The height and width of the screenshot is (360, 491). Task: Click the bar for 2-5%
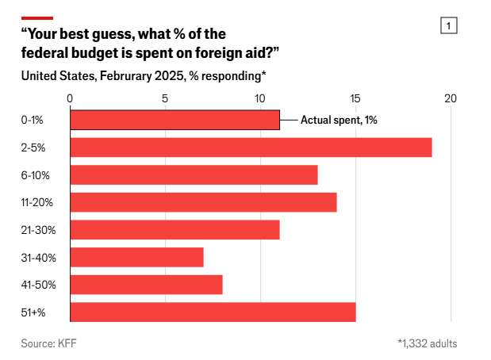(x=251, y=147)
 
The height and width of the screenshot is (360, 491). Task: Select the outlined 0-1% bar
(x=175, y=120)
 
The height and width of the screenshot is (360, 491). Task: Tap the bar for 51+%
(x=213, y=312)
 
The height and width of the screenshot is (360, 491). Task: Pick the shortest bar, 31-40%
(x=136, y=258)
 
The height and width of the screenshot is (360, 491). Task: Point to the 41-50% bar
(x=146, y=285)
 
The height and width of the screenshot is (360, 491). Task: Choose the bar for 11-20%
(x=203, y=202)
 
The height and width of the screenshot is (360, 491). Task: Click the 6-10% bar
(x=194, y=174)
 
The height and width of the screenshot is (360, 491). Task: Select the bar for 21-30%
(x=175, y=230)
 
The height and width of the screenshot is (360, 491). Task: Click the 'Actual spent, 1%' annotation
(x=339, y=120)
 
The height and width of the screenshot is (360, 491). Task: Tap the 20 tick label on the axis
(x=451, y=99)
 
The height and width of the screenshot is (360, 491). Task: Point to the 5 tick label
(x=165, y=99)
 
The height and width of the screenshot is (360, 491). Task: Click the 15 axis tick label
(x=355, y=99)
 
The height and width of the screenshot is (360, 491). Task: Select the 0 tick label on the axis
(x=71, y=99)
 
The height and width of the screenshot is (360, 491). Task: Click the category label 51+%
(x=33, y=312)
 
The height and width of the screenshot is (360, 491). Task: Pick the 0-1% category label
(x=33, y=120)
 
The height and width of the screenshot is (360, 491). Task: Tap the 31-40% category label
(x=37, y=258)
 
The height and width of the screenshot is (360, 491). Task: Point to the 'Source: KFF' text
(x=48, y=343)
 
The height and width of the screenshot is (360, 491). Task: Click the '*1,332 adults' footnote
(x=427, y=343)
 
